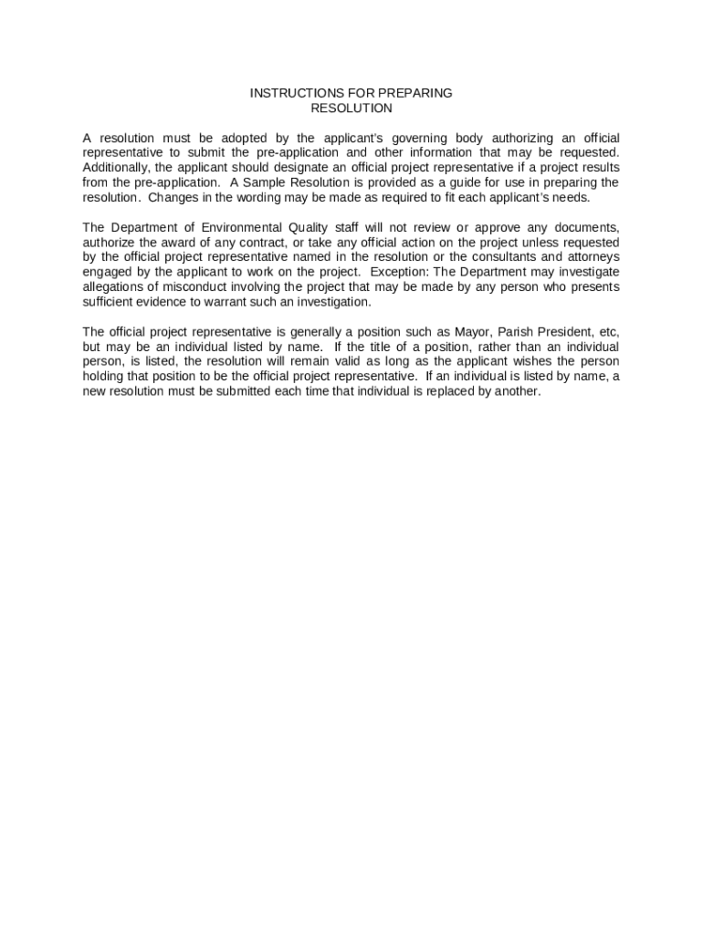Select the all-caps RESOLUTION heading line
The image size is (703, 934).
(351, 109)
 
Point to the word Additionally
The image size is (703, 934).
(116, 168)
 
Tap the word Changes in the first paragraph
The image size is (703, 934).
(171, 197)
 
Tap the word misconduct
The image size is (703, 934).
(194, 286)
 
